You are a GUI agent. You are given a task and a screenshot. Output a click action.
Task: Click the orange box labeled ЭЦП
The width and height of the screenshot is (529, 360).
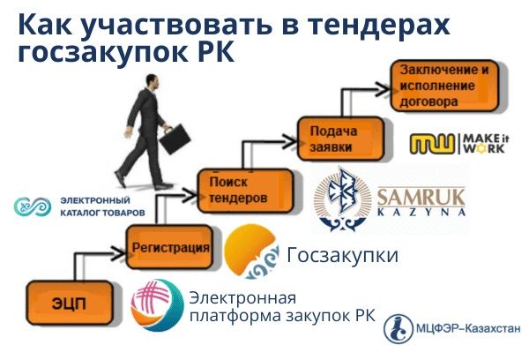click(x=61, y=304)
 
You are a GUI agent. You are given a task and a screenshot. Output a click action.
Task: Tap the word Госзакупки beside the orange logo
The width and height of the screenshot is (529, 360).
click(x=342, y=255)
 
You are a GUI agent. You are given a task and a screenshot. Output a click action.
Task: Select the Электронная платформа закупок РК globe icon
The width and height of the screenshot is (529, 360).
click(x=156, y=305)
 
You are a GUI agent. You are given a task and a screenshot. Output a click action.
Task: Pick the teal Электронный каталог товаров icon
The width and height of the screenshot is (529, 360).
click(x=32, y=205)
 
